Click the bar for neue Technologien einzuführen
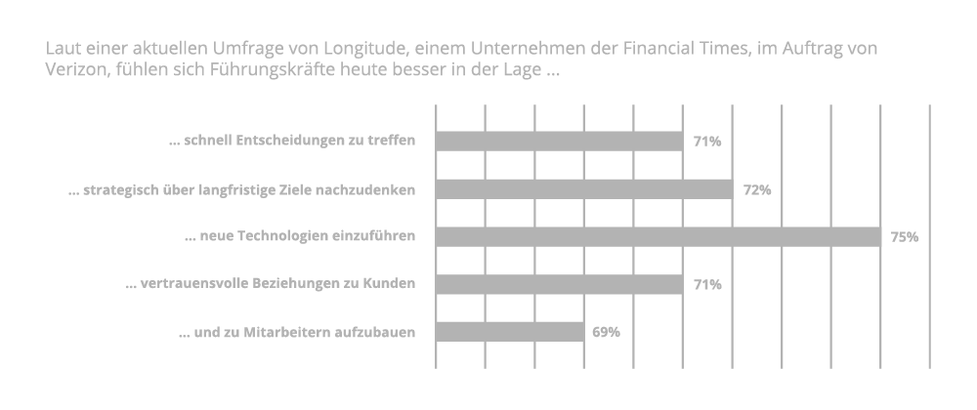coord(658,236)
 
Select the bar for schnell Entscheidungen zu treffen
coord(559,142)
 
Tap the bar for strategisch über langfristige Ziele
coord(583,189)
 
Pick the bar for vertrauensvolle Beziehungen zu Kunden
coord(559,284)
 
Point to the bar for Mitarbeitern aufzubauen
coord(509,332)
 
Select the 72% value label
coord(756,189)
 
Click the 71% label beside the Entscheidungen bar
coord(706,142)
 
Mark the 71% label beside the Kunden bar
coord(706,284)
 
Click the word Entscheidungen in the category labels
coord(275,142)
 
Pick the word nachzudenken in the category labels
coord(370,189)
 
